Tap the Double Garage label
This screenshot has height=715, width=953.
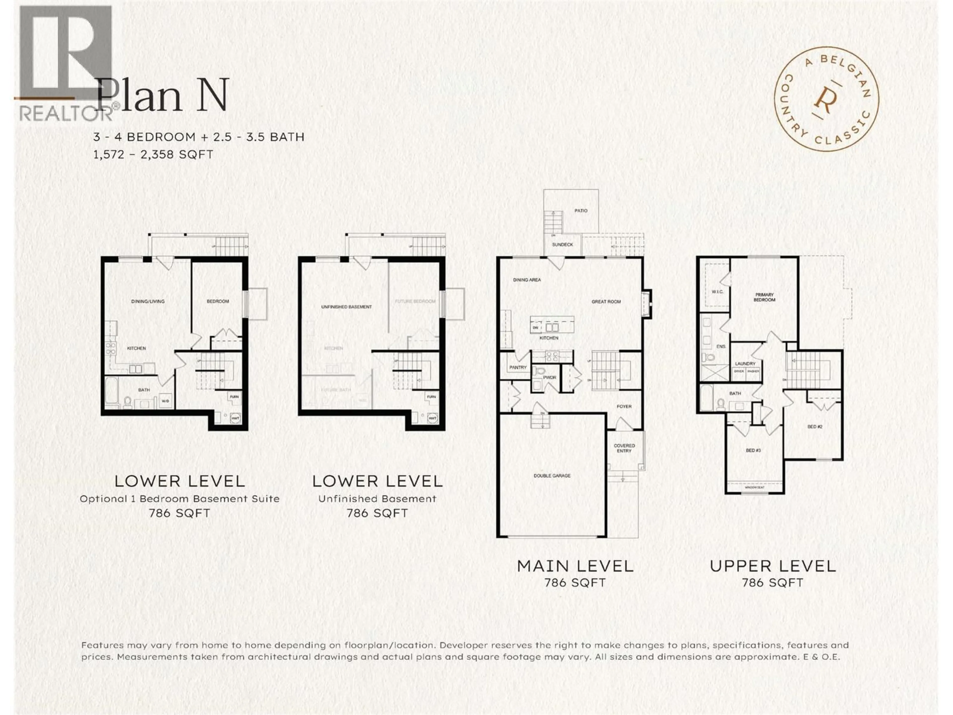click(x=552, y=475)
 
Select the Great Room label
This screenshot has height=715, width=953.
click(x=606, y=302)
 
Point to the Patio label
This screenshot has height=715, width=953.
click(x=581, y=211)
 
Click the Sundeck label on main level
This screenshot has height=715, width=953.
click(x=563, y=244)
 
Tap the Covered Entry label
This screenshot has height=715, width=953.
click(x=624, y=448)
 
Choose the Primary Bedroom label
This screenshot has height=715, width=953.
click(x=764, y=297)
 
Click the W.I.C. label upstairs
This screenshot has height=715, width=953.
click(x=717, y=292)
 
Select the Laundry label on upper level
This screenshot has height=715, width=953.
click(x=745, y=364)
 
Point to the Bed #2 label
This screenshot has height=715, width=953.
click(x=815, y=427)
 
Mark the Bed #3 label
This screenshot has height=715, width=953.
click(x=753, y=450)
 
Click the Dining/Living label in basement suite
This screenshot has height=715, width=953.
click(x=148, y=301)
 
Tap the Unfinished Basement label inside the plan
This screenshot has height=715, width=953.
click(x=346, y=307)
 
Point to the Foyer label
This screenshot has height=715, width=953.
click(x=624, y=406)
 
